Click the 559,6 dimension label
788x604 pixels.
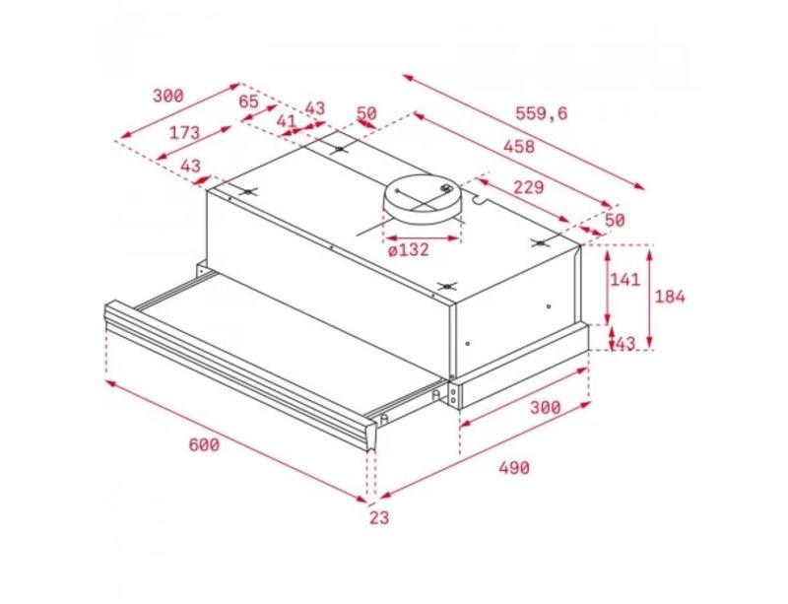point(541,113)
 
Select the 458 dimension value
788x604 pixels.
point(519,147)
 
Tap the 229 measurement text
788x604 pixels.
point(528,187)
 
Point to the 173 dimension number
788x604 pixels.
point(184,133)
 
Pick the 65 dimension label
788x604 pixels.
point(248,101)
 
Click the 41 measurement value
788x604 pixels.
point(286,121)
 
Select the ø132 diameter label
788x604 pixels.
point(409,249)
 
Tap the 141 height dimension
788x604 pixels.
point(624,279)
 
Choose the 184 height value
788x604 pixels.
point(670,297)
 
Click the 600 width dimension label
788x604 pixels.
point(204,444)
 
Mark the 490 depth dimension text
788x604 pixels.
point(514,468)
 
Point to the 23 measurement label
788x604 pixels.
point(379,517)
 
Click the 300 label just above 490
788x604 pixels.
point(546,407)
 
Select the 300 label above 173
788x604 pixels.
point(168,96)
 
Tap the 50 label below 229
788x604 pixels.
point(614,221)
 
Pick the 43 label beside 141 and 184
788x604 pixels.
point(625,344)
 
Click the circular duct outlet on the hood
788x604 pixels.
point(422,200)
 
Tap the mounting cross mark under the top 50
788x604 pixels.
point(340,150)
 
